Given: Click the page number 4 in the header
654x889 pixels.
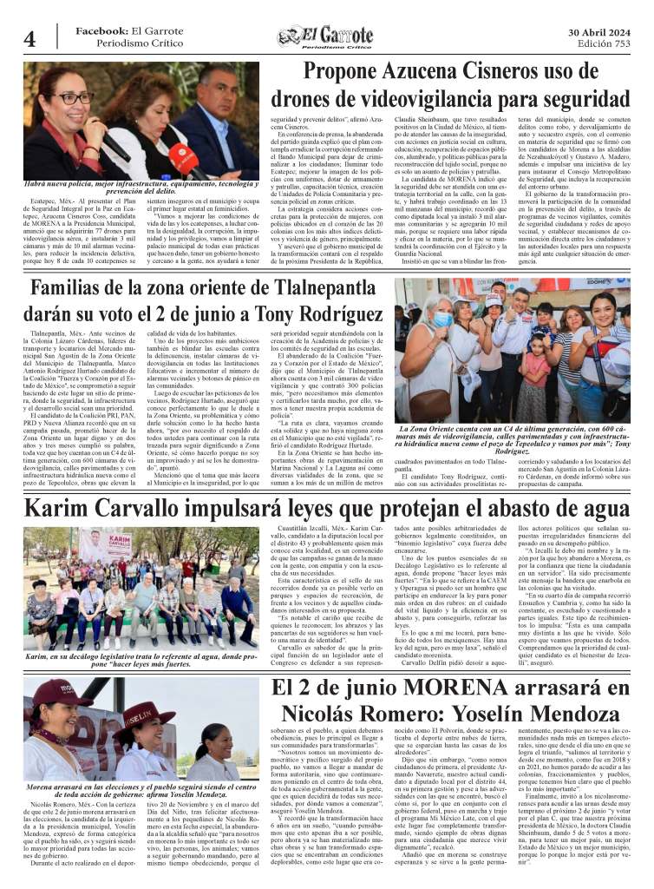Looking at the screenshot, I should [29, 39].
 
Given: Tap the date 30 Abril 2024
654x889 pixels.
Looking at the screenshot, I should [598, 32].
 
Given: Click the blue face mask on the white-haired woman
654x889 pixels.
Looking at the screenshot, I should [443, 319].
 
